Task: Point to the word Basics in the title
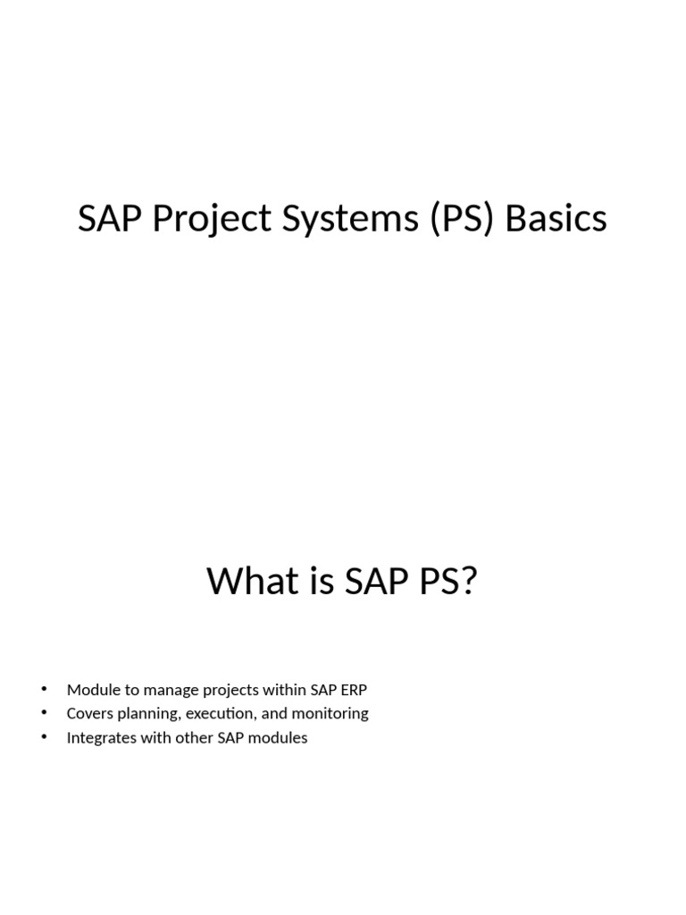(x=556, y=219)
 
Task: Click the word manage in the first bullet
(x=163, y=690)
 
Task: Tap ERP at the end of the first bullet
(x=353, y=690)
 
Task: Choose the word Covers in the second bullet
(x=88, y=714)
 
